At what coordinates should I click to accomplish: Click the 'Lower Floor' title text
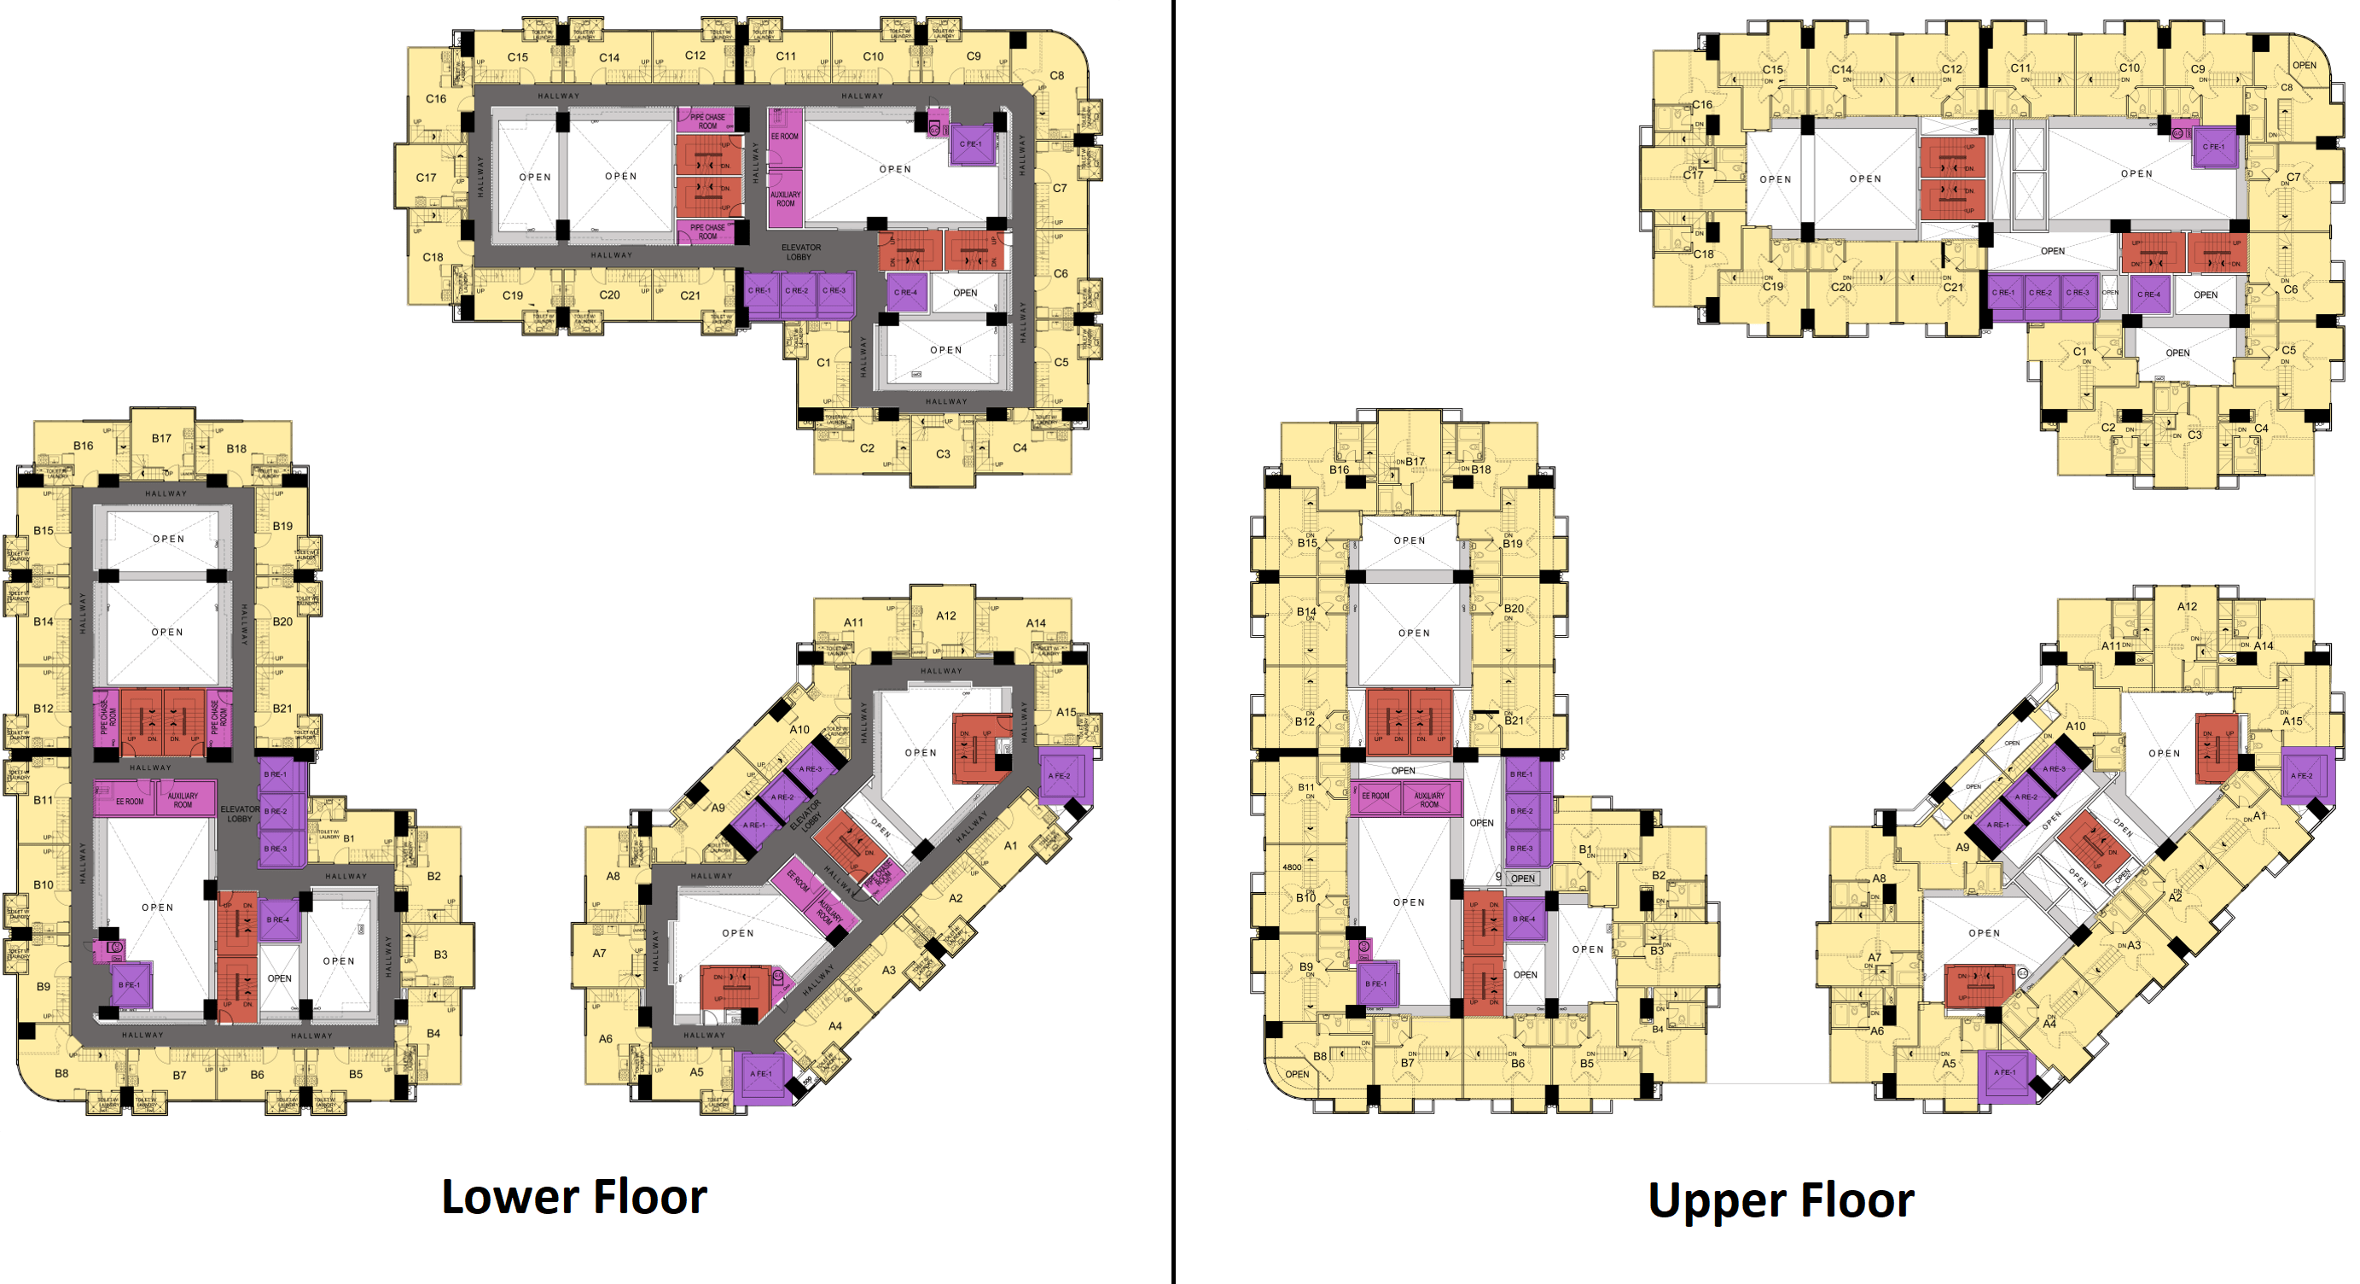574,1197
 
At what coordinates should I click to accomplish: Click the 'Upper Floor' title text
1780,1200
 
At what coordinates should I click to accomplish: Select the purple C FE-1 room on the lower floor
971,145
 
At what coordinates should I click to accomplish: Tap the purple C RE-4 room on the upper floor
2148,295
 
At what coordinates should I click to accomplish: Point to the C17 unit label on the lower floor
426,178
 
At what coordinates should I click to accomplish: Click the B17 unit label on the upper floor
1415,462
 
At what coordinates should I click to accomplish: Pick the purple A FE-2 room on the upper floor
2302,775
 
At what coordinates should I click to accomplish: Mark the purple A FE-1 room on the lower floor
761,1074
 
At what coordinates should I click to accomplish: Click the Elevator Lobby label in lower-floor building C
800,252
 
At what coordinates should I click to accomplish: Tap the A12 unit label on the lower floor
945,616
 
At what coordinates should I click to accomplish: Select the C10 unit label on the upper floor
2129,67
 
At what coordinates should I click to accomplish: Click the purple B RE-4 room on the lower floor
278,920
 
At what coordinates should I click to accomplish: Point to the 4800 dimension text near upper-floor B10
1292,867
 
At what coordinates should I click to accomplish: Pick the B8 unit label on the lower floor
61,1073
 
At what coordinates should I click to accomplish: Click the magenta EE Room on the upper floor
1375,797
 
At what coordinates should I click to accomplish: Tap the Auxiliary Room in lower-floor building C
785,200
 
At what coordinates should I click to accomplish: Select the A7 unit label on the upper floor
1875,958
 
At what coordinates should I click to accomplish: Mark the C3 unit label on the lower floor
943,453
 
